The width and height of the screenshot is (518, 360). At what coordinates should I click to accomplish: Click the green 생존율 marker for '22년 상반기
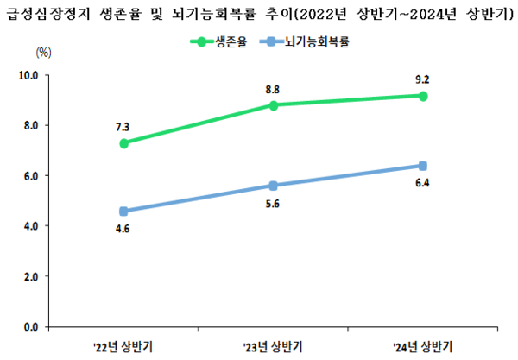124,143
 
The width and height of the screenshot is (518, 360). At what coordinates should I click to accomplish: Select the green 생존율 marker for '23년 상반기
274,105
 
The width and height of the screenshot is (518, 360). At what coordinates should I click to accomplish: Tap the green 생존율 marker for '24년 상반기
423,96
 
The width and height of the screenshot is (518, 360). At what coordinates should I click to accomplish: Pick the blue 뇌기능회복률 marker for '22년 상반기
124,211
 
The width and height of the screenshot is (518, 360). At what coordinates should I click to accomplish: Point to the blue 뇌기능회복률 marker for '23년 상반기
274,186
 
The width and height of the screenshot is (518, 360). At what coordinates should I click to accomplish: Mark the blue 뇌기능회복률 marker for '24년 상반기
423,166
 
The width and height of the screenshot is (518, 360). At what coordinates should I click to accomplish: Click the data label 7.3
123,127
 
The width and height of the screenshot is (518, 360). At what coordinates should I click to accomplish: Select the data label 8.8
273,89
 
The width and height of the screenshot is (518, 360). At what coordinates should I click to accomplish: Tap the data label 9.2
422,79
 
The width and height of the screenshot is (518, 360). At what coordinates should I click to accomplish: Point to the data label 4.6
123,228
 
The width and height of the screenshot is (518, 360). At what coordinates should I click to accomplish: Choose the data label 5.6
274,203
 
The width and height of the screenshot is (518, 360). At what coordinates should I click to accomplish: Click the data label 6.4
423,183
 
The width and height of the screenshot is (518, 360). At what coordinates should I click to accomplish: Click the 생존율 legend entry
227,41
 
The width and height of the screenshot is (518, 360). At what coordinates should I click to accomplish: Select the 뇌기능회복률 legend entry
317,41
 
